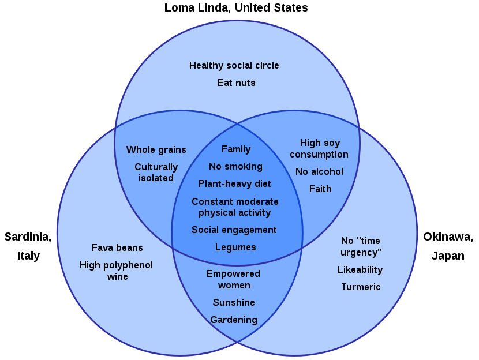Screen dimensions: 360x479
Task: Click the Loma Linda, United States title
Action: pyautogui.click(x=236, y=8)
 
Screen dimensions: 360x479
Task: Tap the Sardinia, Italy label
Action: pyautogui.click(x=28, y=246)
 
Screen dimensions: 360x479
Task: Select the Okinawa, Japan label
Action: pyautogui.click(x=448, y=246)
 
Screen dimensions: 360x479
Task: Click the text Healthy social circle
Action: pyautogui.click(x=234, y=66)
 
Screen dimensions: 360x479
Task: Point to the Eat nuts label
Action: pyautogui.click(x=236, y=83)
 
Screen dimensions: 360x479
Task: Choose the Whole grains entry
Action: pyautogui.click(x=156, y=150)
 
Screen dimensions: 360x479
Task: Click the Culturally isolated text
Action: pyautogui.click(x=156, y=172)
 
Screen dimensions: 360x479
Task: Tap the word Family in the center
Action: pyautogui.click(x=236, y=149)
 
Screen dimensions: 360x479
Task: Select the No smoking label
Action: pyautogui.click(x=235, y=167)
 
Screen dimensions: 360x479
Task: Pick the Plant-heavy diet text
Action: pyautogui.click(x=235, y=184)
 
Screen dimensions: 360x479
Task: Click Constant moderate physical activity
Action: pyautogui.click(x=235, y=207)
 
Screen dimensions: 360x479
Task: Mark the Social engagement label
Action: pyautogui.click(x=234, y=230)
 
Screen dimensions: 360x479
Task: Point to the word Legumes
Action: pyautogui.click(x=235, y=247)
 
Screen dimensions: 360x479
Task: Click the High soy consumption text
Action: pyautogui.click(x=319, y=149)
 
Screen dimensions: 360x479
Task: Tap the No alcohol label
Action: pyautogui.click(x=319, y=172)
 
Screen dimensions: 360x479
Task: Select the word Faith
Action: pyautogui.click(x=320, y=189)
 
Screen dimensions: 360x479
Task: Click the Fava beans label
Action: pyautogui.click(x=117, y=248)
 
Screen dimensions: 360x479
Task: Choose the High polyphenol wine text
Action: pyautogui.click(x=117, y=271)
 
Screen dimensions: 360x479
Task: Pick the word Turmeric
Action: pyautogui.click(x=361, y=287)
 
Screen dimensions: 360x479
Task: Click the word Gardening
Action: pyautogui.click(x=234, y=320)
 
